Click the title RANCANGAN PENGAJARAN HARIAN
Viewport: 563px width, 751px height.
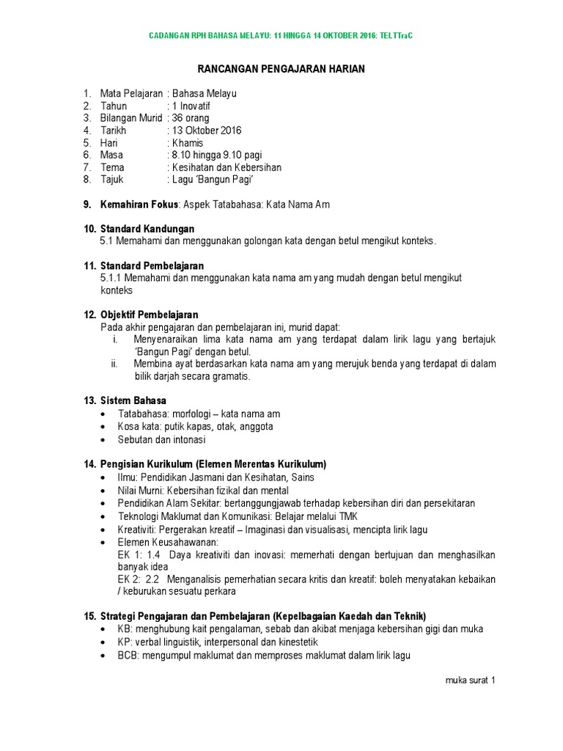tap(281, 69)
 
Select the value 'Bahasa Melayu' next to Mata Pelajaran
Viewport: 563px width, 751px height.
tap(203, 94)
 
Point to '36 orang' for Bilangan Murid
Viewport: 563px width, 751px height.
tap(192, 118)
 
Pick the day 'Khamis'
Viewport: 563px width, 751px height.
tap(187, 143)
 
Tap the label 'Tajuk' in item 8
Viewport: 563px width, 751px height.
tap(111, 180)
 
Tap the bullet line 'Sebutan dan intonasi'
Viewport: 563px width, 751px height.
tap(162, 441)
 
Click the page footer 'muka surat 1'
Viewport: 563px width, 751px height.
tap(470, 681)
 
